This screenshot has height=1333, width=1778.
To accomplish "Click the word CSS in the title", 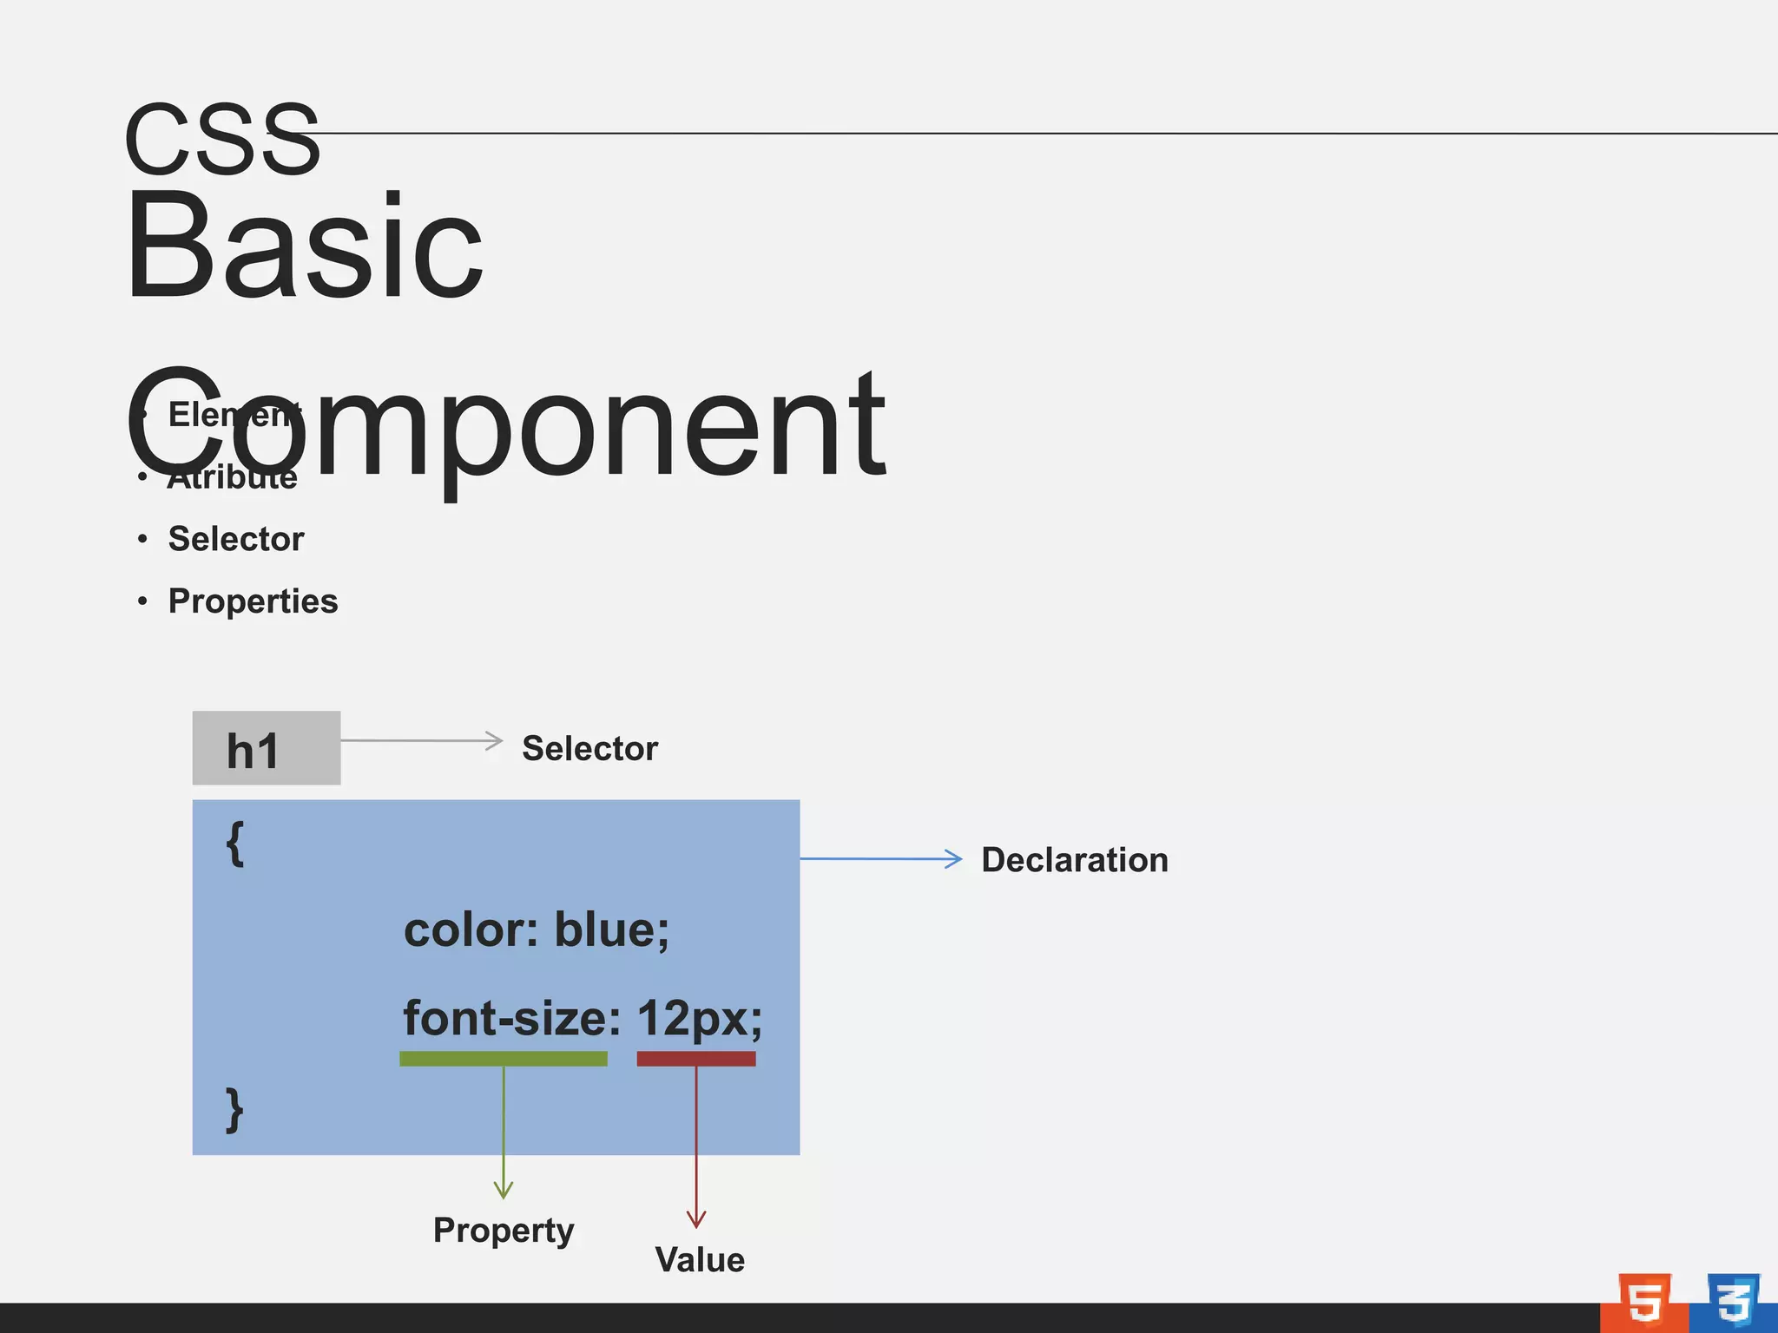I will click(222, 139).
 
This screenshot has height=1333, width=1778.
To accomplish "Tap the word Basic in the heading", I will click(304, 247).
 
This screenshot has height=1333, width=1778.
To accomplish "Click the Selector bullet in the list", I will click(235, 539).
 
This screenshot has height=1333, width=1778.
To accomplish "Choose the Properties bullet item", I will click(253, 601).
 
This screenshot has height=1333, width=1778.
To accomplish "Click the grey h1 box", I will click(266, 748).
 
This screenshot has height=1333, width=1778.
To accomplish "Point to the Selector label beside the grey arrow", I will click(589, 749).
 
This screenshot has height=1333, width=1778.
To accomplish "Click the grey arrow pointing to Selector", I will click(422, 741).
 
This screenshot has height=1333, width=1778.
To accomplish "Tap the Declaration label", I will click(1074, 860).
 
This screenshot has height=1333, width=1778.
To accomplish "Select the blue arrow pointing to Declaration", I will click(880, 859).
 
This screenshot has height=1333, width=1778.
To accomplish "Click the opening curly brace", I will click(235, 844).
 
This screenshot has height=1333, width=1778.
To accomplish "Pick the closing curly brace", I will click(234, 1109).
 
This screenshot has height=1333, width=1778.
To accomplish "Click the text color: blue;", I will click(537, 930).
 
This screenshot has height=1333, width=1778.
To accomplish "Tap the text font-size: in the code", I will click(512, 1018).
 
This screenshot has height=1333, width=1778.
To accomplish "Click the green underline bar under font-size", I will click(504, 1059).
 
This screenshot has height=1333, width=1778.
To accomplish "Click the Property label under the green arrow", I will click(504, 1231).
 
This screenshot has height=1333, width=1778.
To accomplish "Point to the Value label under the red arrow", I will click(700, 1260).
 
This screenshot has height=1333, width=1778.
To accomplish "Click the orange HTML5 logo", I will click(1643, 1303).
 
